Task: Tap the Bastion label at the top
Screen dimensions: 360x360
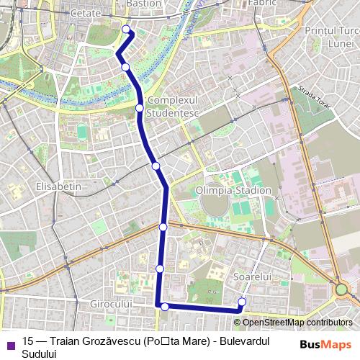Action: point(143,4)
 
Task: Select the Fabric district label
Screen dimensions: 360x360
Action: point(262,4)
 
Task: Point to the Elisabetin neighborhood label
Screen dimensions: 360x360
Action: point(58,186)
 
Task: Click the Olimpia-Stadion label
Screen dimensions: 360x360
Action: point(233,191)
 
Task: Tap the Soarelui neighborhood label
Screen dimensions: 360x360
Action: point(251,276)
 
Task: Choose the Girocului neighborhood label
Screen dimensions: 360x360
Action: point(111,305)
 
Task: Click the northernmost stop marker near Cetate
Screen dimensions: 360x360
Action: point(127,30)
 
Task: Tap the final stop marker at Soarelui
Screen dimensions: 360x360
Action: point(242,302)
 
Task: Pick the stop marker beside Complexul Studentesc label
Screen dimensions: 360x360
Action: point(139,108)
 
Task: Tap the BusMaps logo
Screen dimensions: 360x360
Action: point(325,344)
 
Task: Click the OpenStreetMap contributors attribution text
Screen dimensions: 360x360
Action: point(297,322)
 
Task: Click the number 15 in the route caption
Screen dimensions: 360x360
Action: point(28,341)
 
